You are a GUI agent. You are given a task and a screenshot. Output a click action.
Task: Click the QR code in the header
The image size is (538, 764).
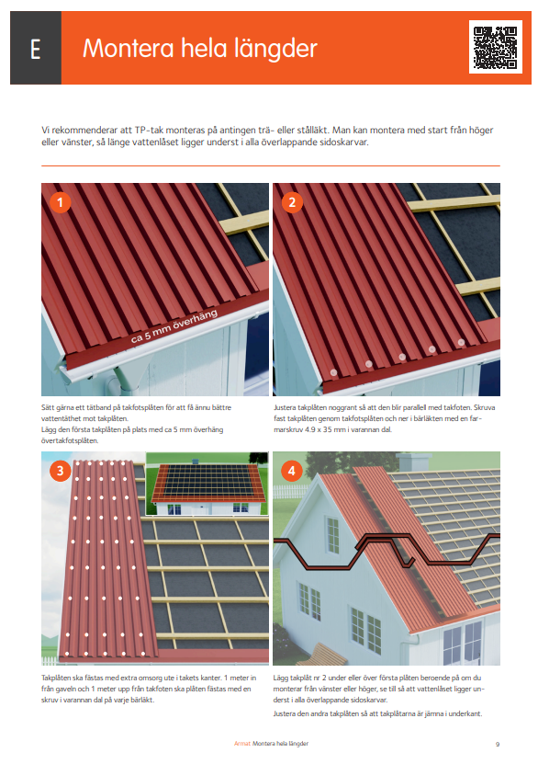(497, 47)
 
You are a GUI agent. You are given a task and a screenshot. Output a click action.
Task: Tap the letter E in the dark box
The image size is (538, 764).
(35, 49)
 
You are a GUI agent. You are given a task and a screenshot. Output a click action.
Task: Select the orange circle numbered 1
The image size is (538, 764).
(60, 202)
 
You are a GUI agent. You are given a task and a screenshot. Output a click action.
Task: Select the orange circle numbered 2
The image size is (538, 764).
(292, 202)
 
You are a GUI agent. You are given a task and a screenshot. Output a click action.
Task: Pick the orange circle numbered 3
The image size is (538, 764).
(60, 471)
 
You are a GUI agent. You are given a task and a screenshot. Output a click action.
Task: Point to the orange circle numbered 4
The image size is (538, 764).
(292, 471)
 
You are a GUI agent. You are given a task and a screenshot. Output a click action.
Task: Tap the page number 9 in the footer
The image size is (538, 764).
(497, 743)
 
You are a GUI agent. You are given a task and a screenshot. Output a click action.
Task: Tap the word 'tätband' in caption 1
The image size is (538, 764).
(93, 405)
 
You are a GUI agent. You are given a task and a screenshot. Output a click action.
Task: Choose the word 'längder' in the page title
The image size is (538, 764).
(273, 49)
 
